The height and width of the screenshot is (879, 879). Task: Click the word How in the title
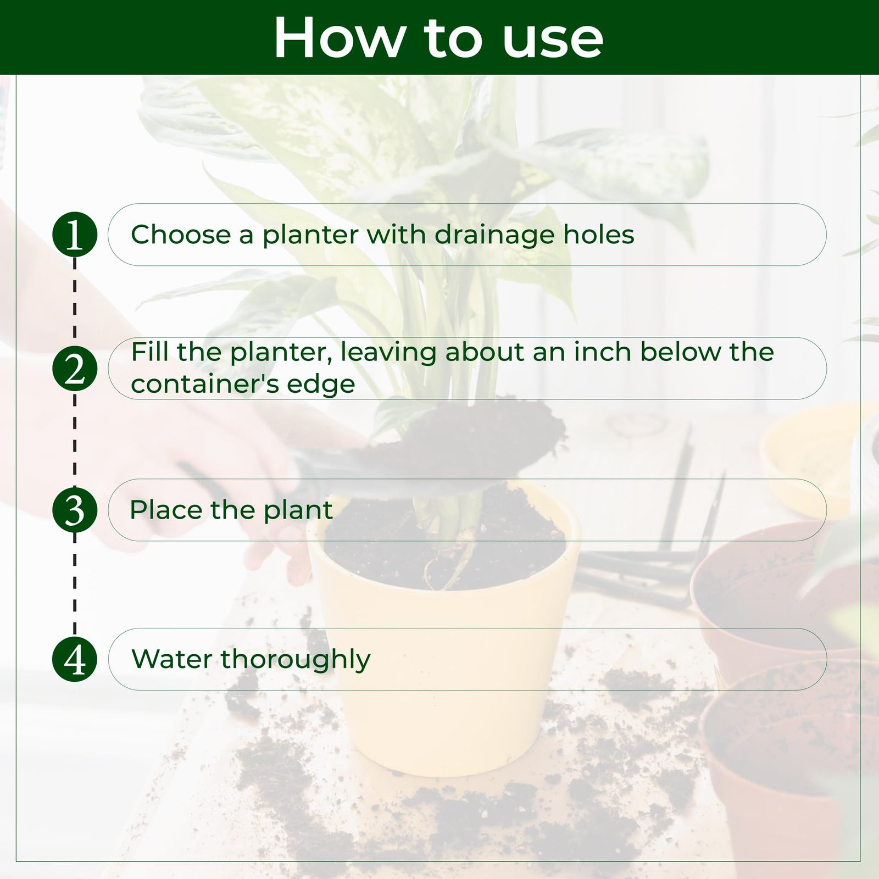(x=337, y=38)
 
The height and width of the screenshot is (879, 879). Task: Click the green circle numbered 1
(x=75, y=235)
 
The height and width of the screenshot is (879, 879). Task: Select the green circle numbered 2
(x=75, y=369)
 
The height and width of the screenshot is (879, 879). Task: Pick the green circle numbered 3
(x=75, y=510)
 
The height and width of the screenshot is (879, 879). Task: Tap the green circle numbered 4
(x=75, y=660)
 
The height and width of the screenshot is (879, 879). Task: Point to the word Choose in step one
(x=181, y=235)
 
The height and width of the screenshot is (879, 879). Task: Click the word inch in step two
(x=603, y=352)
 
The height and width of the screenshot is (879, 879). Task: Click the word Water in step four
(x=172, y=659)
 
